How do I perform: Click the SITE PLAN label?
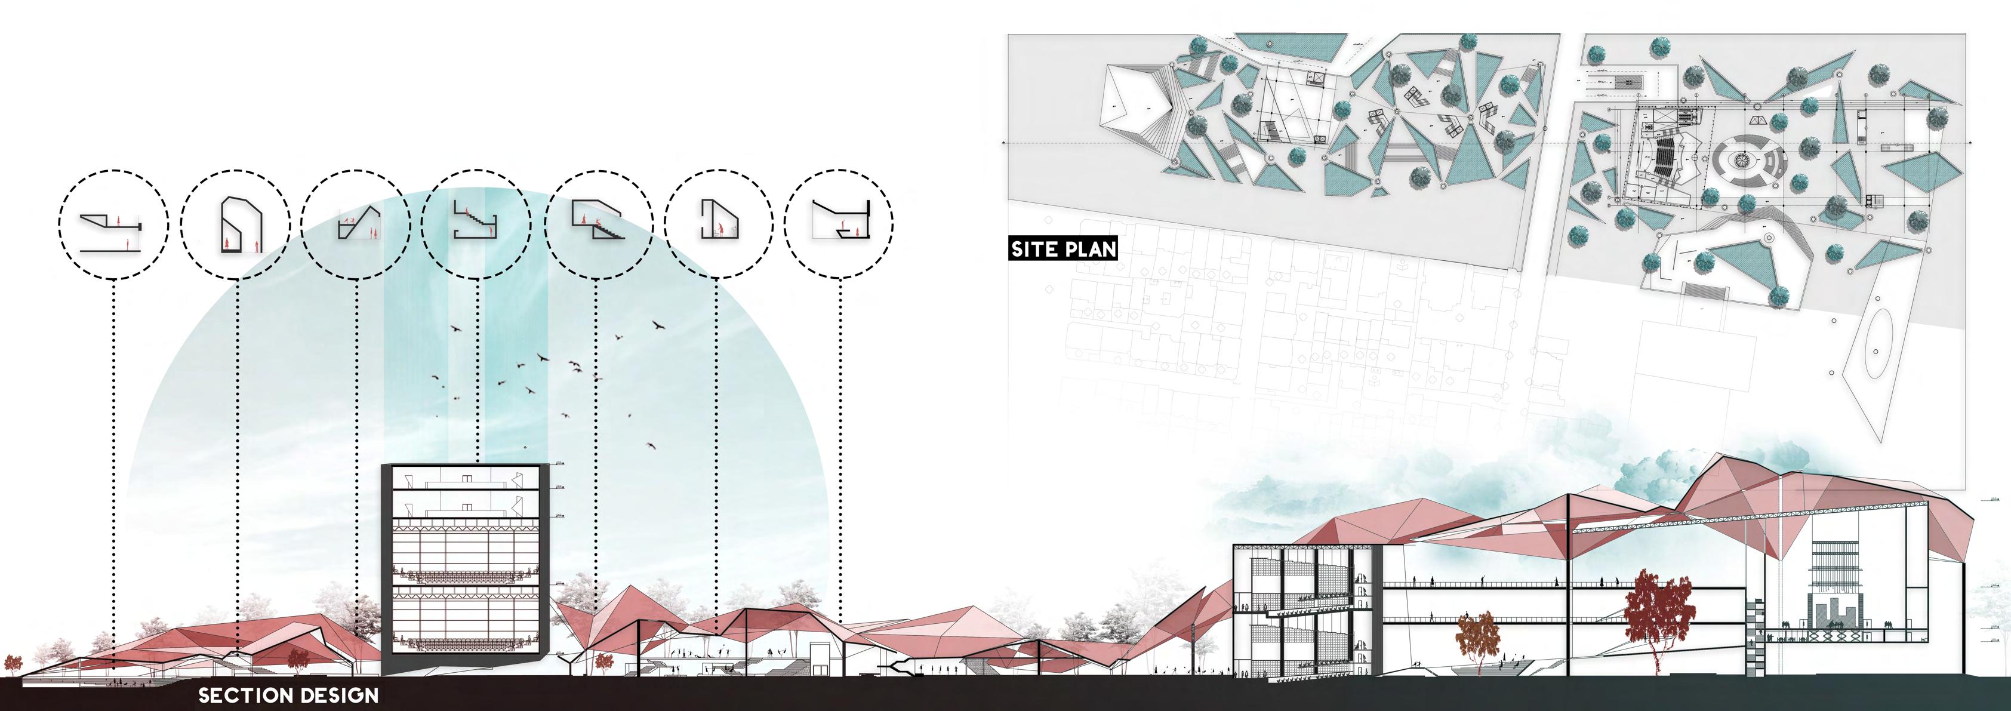[x=1063, y=249]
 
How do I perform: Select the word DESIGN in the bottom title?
[x=342, y=695]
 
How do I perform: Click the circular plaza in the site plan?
[x=1741, y=161]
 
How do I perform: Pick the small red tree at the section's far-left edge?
[x=13, y=664]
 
